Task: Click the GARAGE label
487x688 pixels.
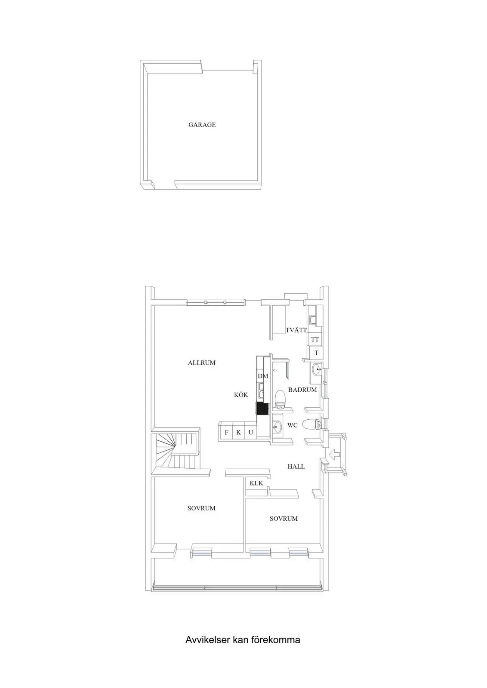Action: [202, 125]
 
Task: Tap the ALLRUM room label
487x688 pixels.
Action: [202, 363]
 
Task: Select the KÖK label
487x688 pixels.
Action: [241, 395]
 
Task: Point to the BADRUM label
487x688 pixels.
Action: [302, 390]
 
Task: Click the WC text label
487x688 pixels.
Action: [292, 425]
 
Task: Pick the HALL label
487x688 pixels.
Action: [296, 466]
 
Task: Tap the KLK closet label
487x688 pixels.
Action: [256, 483]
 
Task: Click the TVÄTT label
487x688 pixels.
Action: [296, 330]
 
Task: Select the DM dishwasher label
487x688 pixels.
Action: [263, 376]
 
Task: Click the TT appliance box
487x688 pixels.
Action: [315, 339]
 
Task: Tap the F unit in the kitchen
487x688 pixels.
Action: [226, 432]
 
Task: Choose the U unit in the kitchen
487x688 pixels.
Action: [251, 432]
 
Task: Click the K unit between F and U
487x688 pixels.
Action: [238, 432]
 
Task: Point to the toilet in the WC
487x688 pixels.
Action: [311, 424]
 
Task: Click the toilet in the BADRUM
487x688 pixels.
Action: [280, 399]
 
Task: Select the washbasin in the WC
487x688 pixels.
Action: [278, 426]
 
